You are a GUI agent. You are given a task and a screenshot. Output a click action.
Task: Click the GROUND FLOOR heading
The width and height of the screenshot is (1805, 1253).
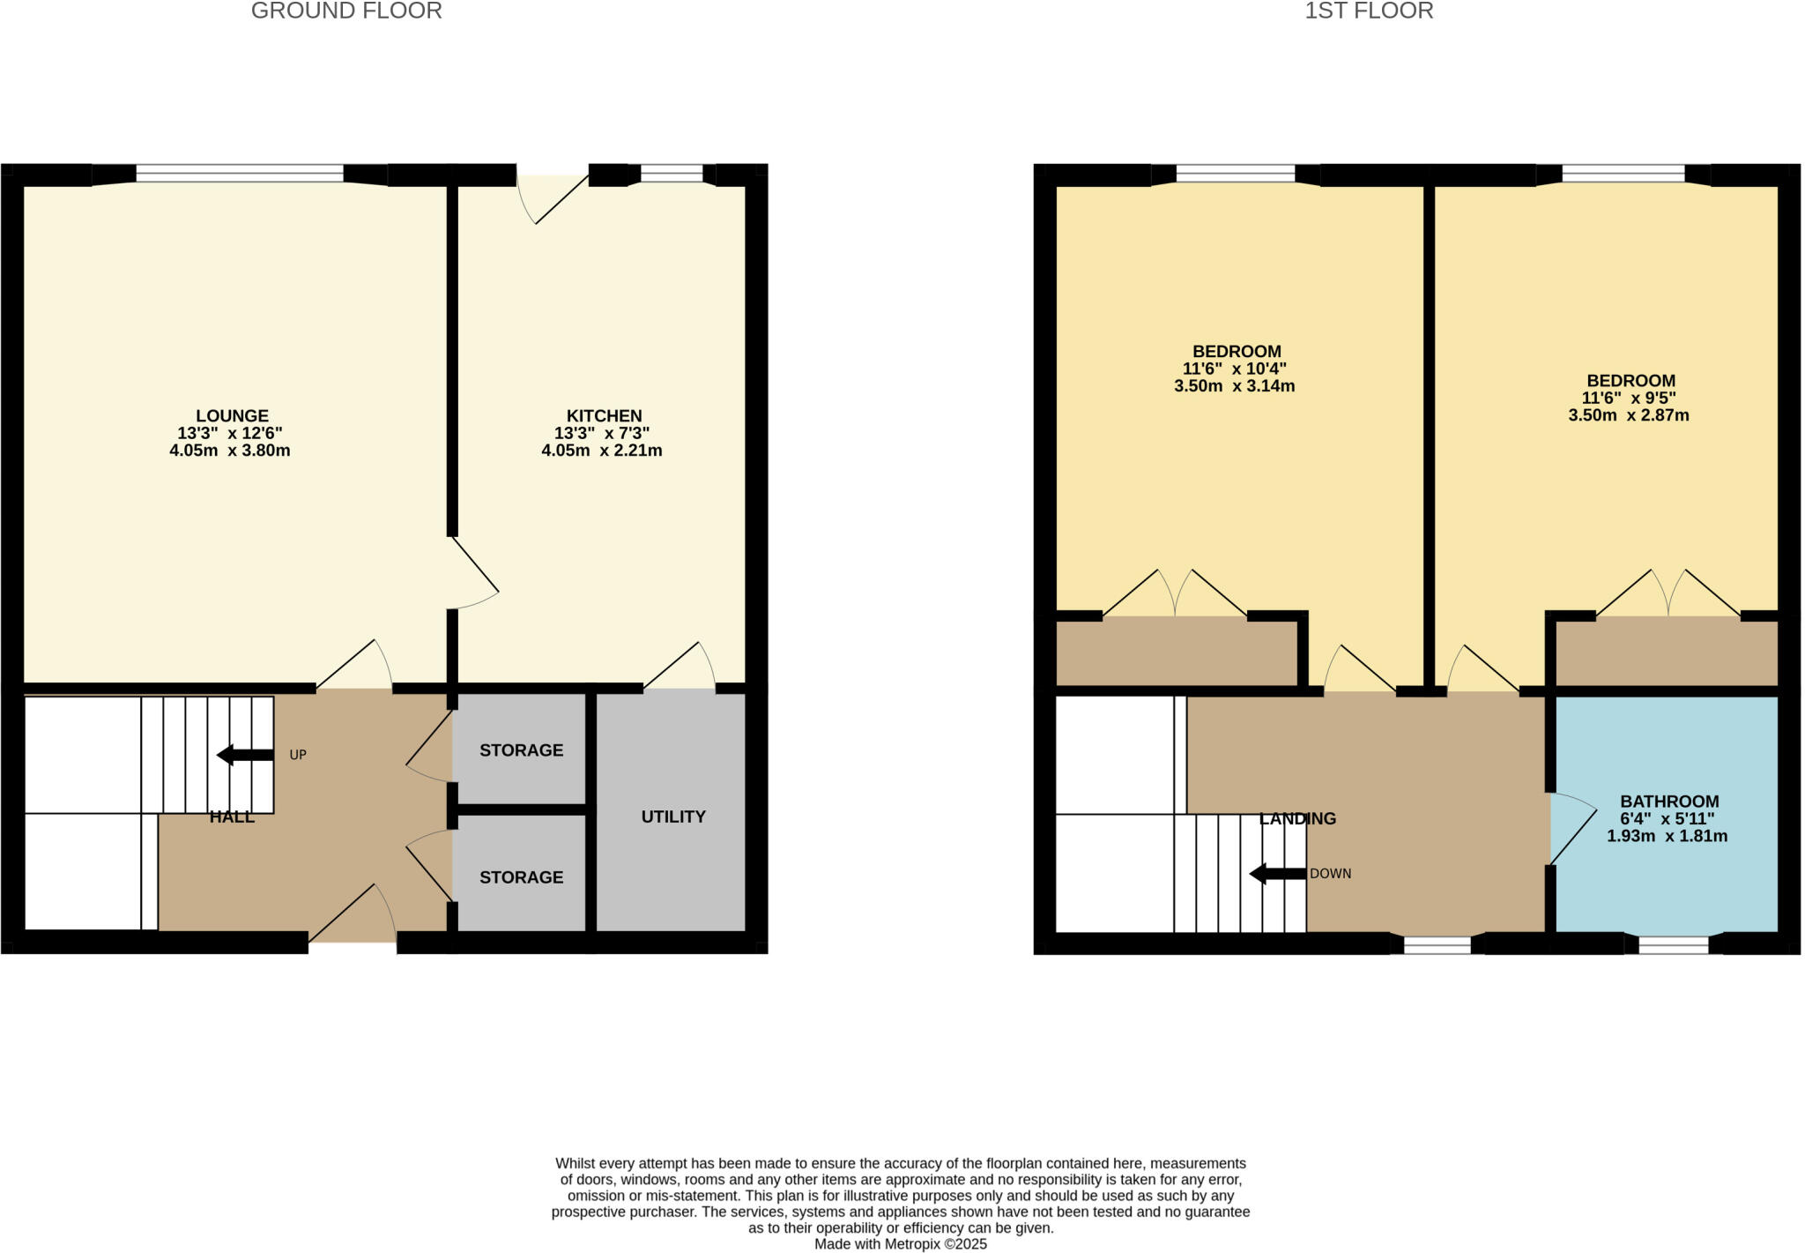tap(346, 11)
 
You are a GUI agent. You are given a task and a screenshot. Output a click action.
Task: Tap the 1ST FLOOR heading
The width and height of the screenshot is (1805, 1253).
tap(1369, 11)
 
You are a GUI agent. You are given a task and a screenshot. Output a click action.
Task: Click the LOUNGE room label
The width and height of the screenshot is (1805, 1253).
tap(232, 415)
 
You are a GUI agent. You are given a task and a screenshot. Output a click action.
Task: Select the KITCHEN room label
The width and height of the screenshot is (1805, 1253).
tap(604, 415)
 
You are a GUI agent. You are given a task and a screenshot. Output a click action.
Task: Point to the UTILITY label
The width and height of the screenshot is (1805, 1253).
tap(673, 817)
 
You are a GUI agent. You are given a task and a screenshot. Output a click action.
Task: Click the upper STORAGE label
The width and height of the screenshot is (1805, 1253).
tap(521, 750)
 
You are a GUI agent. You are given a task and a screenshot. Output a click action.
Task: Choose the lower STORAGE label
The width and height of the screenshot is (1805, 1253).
tap(521, 877)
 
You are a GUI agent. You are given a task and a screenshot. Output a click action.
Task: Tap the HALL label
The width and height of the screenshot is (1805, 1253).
tap(232, 817)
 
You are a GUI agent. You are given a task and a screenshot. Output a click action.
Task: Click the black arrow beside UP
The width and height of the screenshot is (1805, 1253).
tap(245, 755)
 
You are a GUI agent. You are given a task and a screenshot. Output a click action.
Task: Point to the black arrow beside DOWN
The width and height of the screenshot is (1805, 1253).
tap(1277, 874)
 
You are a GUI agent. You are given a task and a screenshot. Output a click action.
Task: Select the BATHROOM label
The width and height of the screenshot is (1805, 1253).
tap(1669, 802)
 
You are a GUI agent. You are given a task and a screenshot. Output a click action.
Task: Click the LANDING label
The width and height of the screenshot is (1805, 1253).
tap(1297, 818)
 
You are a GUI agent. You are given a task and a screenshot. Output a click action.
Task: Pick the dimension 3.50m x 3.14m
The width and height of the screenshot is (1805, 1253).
tap(1234, 386)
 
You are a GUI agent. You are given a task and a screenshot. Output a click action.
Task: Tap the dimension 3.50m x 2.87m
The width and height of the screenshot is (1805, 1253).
tap(1628, 415)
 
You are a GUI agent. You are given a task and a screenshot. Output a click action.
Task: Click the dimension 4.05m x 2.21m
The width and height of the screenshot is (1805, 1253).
tap(601, 451)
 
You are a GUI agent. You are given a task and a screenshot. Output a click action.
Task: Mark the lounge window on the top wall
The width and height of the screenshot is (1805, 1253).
tap(240, 175)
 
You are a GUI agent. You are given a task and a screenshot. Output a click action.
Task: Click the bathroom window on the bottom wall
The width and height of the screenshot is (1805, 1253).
tap(1673, 945)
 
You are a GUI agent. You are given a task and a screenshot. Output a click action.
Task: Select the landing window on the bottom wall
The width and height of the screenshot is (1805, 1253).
tap(1437, 945)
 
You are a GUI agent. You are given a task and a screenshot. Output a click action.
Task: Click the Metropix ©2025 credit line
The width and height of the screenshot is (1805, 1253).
tap(900, 1244)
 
